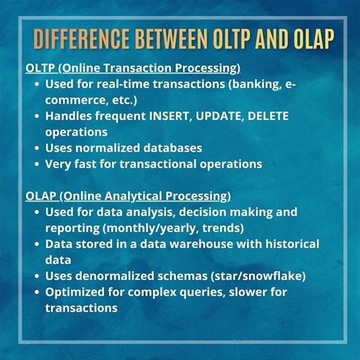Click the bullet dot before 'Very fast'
37,164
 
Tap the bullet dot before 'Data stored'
37,244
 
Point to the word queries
188,291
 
